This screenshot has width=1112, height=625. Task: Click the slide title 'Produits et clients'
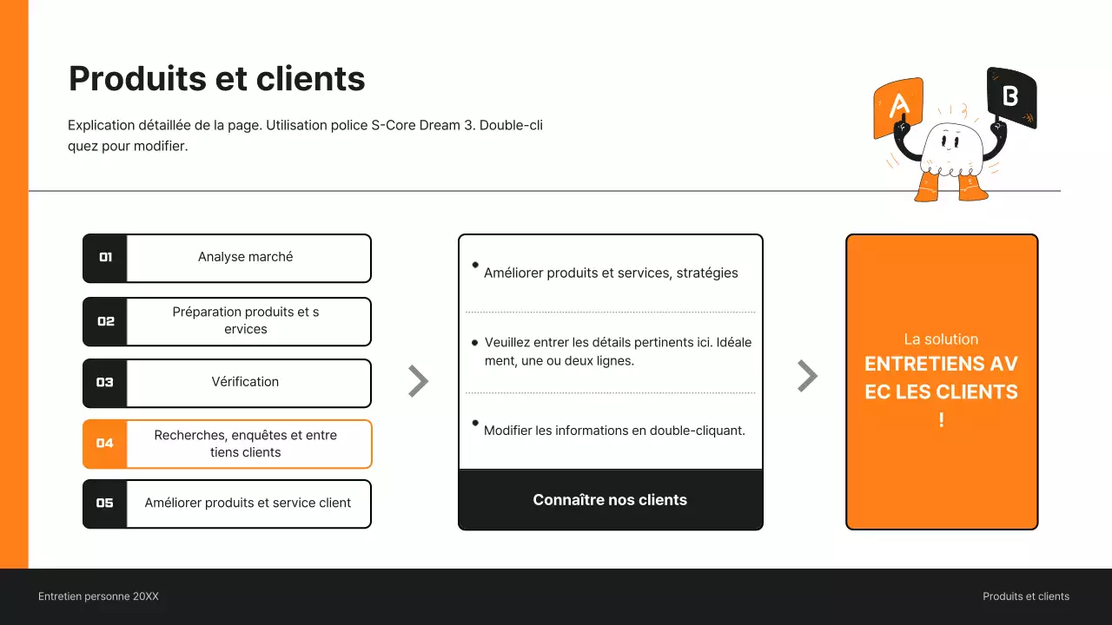(x=216, y=79)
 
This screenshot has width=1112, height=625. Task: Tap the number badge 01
(x=105, y=258)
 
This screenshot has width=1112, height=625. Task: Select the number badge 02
(x=105, y=321)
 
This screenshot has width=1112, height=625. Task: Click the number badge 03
(x=105, y=383)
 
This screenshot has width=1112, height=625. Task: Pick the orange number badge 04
(x=105, y=444)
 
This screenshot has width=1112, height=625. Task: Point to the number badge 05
(x=105, y=503)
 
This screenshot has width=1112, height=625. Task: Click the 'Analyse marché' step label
(x=245, y=257)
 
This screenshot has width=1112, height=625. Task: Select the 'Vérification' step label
(x=245, y=382)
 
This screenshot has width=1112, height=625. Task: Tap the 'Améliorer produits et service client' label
(x=248, y=503)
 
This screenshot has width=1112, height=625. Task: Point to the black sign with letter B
(x=1011, y=96)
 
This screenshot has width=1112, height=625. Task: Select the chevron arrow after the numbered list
(x=418, y=381)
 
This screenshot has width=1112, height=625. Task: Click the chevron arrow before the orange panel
(x=807, y=376)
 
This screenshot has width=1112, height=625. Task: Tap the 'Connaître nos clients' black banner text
(x=610, y=500)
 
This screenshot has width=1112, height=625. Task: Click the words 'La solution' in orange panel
(x=941, y=339)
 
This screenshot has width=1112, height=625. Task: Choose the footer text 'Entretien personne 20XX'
(x=98, y=596)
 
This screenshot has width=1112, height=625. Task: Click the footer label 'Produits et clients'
(x=1026, y=596)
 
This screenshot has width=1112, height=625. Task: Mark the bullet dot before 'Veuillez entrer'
(x=474, y=343)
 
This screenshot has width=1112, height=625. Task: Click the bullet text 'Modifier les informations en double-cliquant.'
(x=614, y=431)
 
